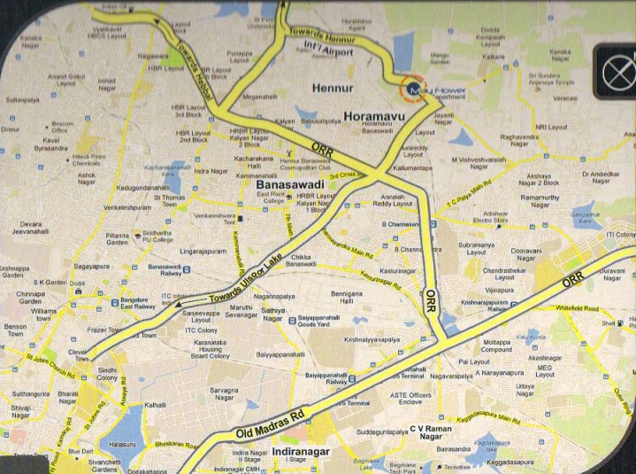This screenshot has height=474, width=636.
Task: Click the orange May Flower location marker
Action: [x=410, y=89]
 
